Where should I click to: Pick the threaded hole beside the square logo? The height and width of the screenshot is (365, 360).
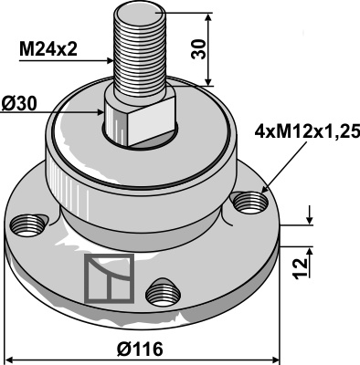(163, 292)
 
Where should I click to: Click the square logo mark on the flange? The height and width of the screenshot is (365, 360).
(108, 276)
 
